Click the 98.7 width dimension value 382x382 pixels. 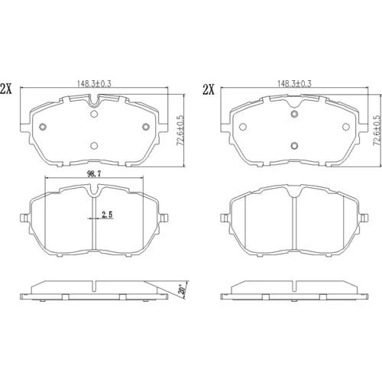click(94, 173)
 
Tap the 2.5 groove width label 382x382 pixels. click(107, 215)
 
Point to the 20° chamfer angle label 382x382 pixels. click(182, 290)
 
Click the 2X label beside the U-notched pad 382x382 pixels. click(6, 89)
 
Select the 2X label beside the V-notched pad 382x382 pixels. click(209, 89)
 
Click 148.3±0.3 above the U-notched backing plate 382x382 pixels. click(94, 84)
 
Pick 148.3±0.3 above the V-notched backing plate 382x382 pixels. click(294, 84)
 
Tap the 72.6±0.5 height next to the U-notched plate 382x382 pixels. click(180, 131)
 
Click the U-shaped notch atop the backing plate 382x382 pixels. click(94, 101)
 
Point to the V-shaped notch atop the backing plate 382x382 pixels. click(294, 102)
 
